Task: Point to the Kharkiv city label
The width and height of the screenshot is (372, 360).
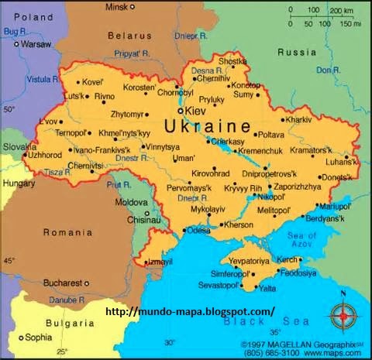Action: (x=298, y=120)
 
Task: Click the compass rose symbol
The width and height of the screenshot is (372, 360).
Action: (x=343, y=316)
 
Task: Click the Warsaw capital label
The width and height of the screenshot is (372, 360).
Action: (x=34, y=44)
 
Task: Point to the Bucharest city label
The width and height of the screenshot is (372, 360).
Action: (x=64, y=282)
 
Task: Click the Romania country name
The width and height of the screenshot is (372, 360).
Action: (x=67, y=232)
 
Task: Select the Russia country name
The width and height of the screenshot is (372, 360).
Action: (x=298, y=53)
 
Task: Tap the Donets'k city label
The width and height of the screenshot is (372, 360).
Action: (x=334, y=177)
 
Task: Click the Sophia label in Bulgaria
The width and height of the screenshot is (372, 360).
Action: (x=38, y=338)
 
